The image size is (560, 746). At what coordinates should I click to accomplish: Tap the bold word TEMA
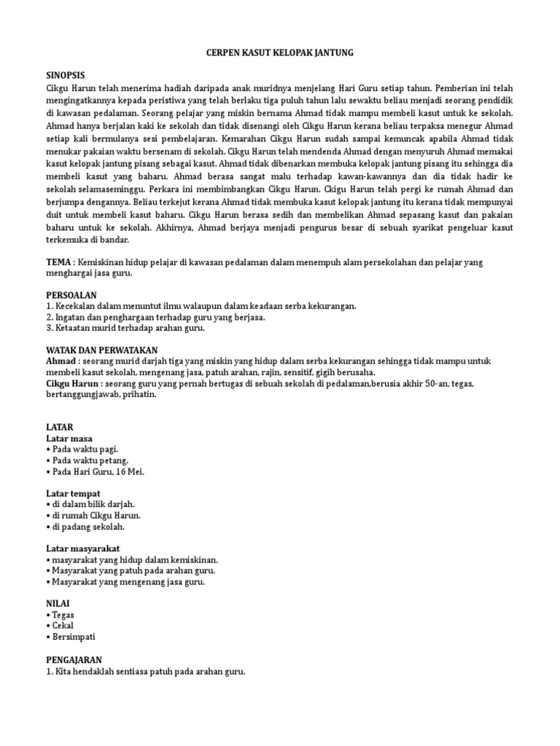coord(59,261)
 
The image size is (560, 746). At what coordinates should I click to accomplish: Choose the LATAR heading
coord(59,426)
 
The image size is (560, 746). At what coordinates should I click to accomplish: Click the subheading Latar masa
coord(71,438)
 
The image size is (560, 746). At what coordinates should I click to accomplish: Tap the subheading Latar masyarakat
coord(84,548)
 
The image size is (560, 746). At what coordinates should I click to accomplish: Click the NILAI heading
coord(58,603)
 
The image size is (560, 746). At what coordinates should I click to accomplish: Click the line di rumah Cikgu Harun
coord(95,515)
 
